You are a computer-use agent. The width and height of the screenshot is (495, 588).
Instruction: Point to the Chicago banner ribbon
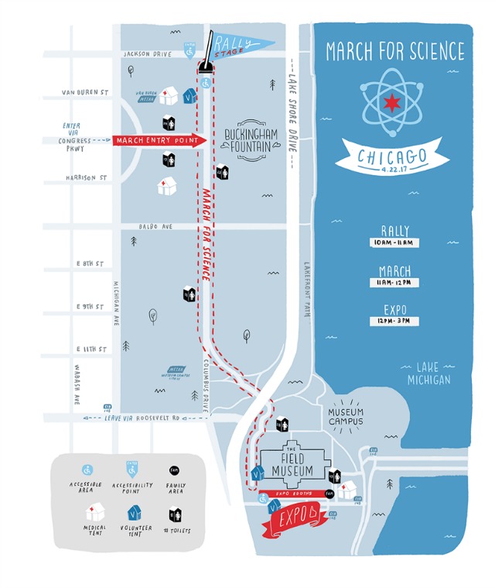(393, 158)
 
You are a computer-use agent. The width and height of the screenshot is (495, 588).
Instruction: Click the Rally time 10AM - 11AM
(394, 242)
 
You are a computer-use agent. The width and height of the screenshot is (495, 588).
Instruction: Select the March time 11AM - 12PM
(394, 283)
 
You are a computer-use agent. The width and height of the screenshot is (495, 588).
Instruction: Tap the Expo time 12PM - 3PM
(394, 321)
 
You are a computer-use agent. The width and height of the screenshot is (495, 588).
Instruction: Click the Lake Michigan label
(428, 373)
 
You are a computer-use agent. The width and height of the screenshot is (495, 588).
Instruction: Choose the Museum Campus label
(346, 416)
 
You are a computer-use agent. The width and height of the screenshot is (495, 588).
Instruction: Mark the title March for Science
(395, 52)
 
